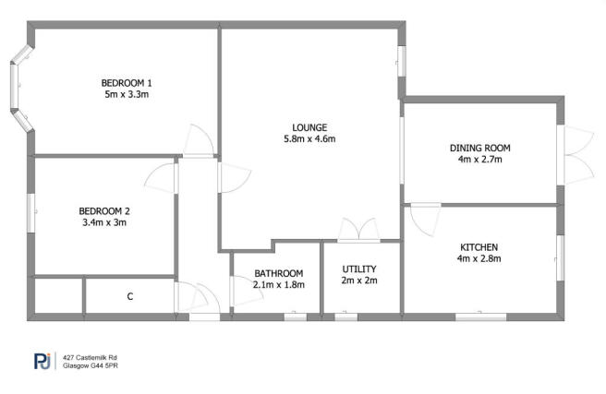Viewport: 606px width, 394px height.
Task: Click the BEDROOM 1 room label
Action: pyautogui.click(x=127, y=81)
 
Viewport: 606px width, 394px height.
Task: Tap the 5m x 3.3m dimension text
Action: pyautogui.click(x=127, y=93)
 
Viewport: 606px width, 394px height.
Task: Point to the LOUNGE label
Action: pyautogui.click(x=309, y=126)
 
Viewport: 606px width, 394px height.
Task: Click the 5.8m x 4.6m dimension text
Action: pyautogui.click(x=309, y=139)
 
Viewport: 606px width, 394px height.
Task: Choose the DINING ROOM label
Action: pyautogui.click(x=479, y=148)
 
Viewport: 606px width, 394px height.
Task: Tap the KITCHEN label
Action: pyautogui.click(x=479, y=247)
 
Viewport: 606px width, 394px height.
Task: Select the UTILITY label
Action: pyautogui.click(x=359, y=269)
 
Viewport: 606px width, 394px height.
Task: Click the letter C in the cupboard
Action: pyautogui.click(x=130, y=296)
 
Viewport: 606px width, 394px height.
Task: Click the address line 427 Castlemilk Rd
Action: pyautogui.click(x=91, y=357)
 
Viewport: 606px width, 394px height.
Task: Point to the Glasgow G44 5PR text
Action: pyautogui.click(x=91, y=366)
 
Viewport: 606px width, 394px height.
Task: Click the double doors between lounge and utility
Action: pyautogui.click(x=358, y=231)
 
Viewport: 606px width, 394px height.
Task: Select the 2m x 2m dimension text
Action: pyautogui.click(x=359, y=281)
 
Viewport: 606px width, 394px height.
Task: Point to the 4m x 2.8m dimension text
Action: pyautogui.click(x=479, y=259)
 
